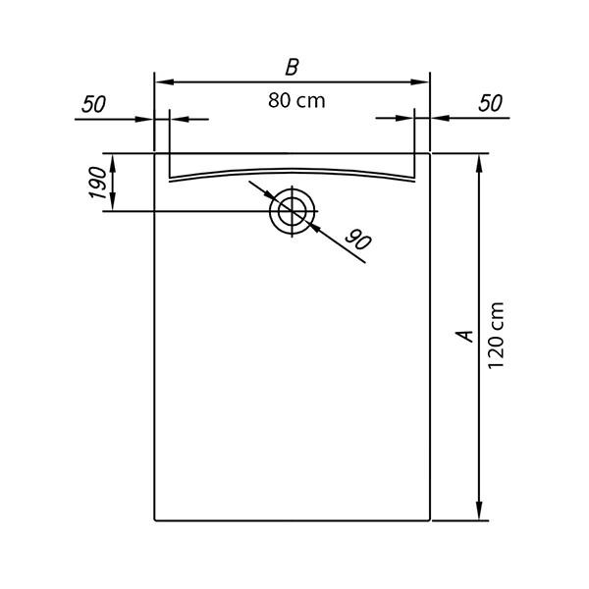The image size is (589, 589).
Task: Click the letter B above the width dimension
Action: (x=293, y=67)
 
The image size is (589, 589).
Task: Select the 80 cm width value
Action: (x=296, y=101)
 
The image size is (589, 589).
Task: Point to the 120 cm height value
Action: (x=496, y=335)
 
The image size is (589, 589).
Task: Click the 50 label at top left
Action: (x=93, y=104)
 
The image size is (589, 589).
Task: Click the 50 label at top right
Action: (x=490, y=103)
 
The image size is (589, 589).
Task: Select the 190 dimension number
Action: (x=97, y=183)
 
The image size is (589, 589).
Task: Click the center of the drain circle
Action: (x=293, y=211)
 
